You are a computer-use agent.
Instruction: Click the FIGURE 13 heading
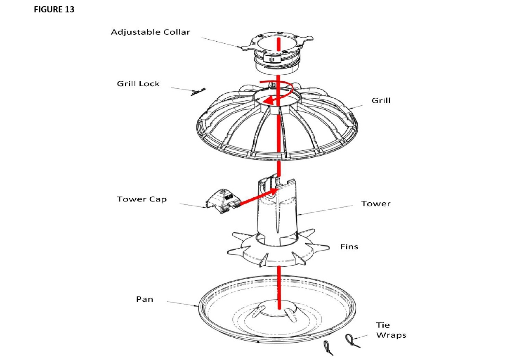(x=54, y=10)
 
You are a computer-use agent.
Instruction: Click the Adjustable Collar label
(x=151, y=32)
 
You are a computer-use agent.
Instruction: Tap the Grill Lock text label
(x=138, y=84)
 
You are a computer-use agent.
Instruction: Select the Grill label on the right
(x=381, y=100)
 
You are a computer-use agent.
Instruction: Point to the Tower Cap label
(x=142, y=199)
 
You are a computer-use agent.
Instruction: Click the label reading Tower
(x=375, y=204)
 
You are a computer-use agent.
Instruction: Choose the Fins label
(x=349, y=247)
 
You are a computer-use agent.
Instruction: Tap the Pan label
(x=144, y=299)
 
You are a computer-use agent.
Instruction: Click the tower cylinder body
(x=276, y=215)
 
